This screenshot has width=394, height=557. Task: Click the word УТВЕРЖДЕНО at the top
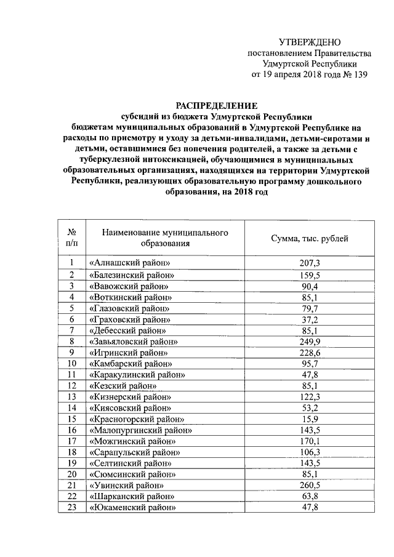pos(309,42)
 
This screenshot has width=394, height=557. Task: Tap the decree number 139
pos(358,75)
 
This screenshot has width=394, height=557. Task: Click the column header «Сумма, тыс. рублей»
pos(310,238)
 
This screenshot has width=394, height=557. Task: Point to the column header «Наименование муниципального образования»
pos(161,238)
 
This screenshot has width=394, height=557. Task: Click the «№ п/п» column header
pos(71,238)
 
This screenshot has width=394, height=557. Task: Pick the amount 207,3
pos(310,263)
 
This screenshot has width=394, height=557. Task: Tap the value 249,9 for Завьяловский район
pos(310,341)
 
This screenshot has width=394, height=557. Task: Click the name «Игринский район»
pos(128,352)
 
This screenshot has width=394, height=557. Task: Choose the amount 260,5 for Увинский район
pos(310,485)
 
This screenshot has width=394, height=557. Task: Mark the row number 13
pos(71,396)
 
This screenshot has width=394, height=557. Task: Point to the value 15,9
pos(310,419)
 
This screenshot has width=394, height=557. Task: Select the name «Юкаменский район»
pos(132,507)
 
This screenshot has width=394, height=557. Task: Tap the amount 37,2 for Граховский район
pos(310,319)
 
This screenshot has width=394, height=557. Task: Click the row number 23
pos(71,507)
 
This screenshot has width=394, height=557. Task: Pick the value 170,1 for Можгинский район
pos(310,441)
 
